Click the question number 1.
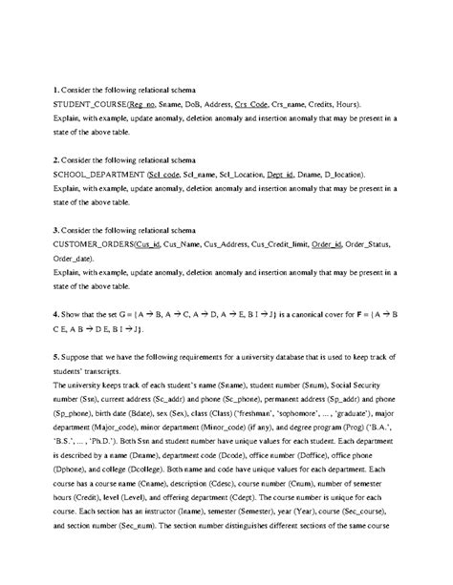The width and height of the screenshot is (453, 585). tap(30, 87)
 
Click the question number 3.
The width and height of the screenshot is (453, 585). tap(30, 232)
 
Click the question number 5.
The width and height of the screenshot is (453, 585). tap(30, 357)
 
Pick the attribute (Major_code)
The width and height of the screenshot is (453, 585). tap(90, 432)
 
